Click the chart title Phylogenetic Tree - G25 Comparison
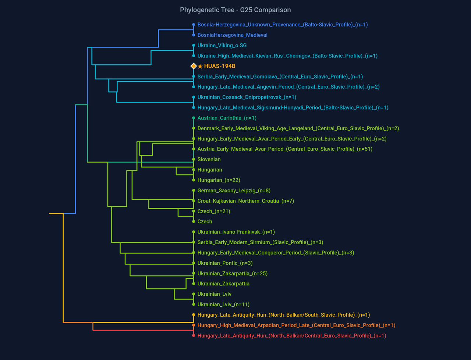(235, 10)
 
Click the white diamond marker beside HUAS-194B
(194, 66)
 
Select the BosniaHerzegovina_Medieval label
(232, 35)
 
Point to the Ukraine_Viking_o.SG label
(222, 46)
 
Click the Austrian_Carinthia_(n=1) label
(227, 118)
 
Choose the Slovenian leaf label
(209, 160)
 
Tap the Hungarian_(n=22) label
(219, 180)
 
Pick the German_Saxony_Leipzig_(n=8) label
(234, 190)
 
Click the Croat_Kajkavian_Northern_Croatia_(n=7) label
(245, 201)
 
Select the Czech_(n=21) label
(214, 211)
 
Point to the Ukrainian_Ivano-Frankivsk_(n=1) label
(236, 232)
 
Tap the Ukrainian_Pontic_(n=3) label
(225, 263)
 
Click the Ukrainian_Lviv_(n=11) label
(223, 304)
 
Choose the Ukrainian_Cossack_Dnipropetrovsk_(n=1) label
(247, 97)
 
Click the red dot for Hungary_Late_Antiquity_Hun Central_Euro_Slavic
(194, 336)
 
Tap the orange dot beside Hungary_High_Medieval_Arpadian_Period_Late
(194, 325)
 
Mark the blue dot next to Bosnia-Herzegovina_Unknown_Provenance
(194, 25)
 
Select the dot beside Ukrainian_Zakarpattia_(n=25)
(194, 274)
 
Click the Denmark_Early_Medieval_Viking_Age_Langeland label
(298, 128)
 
